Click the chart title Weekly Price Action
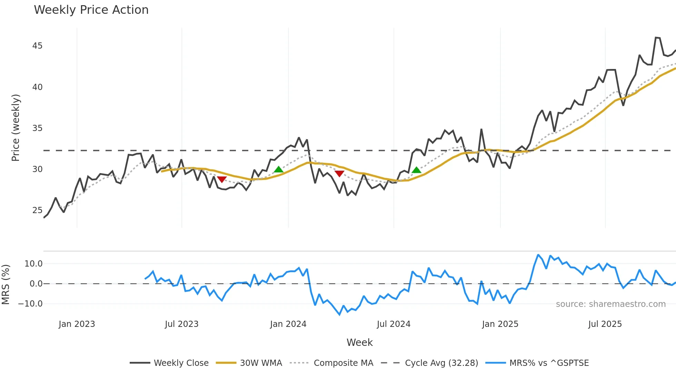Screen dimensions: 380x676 (91, 10)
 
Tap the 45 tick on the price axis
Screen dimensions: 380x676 (37, 46)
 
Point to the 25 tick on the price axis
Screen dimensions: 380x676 (37, 210)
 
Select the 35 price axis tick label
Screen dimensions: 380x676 (37, 128)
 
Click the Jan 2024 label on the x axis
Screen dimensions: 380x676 (288, 324)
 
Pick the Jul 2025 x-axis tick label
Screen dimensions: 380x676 (605, 324)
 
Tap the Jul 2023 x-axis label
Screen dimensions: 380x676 (181, 324)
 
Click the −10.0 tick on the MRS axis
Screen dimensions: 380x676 (30, 304)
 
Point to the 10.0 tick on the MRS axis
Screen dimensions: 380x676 (33, 264)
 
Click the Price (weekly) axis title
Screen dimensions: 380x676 (16, 128)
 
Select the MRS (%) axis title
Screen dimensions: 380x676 (6, 284)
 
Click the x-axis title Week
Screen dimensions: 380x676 (359, 342)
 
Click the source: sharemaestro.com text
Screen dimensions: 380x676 (610, 304)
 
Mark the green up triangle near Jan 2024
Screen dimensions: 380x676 (278, 169)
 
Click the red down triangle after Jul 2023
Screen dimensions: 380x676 (222, 179)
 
